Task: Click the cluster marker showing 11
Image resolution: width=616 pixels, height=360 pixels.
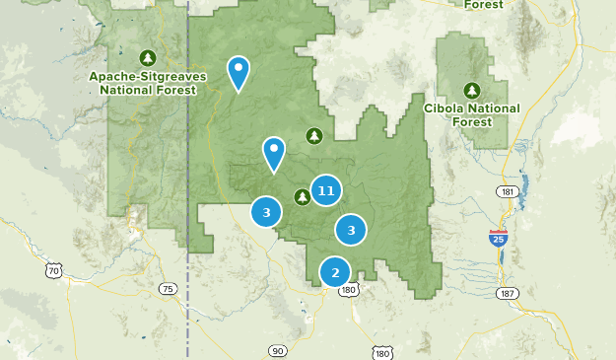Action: [x=326, y=190]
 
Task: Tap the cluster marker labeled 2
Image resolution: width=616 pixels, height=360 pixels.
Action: [x=335, y=272]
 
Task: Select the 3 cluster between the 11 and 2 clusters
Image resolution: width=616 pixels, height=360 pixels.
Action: [x=350, y=230]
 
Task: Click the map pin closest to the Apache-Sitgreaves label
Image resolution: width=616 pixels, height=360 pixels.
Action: [x=238, y=71]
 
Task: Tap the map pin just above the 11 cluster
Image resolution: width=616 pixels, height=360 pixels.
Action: [x=273, y=152]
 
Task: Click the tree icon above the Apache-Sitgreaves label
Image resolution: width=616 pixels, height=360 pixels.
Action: [x=148, y=56]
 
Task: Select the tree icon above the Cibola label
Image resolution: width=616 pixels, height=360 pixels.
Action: [x=471, y=89]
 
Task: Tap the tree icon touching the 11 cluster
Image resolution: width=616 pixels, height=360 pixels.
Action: [x=303, y=196]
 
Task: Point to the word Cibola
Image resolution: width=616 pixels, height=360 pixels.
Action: [x=444, y=108]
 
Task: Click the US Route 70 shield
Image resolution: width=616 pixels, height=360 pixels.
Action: [x=54, y=269]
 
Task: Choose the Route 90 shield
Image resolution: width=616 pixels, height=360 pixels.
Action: [x=277, y=350]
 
